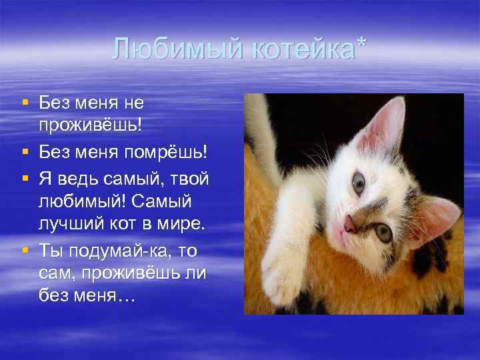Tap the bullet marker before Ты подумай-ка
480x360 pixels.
pos(25,249)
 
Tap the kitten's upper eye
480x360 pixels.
pos(359,183)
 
